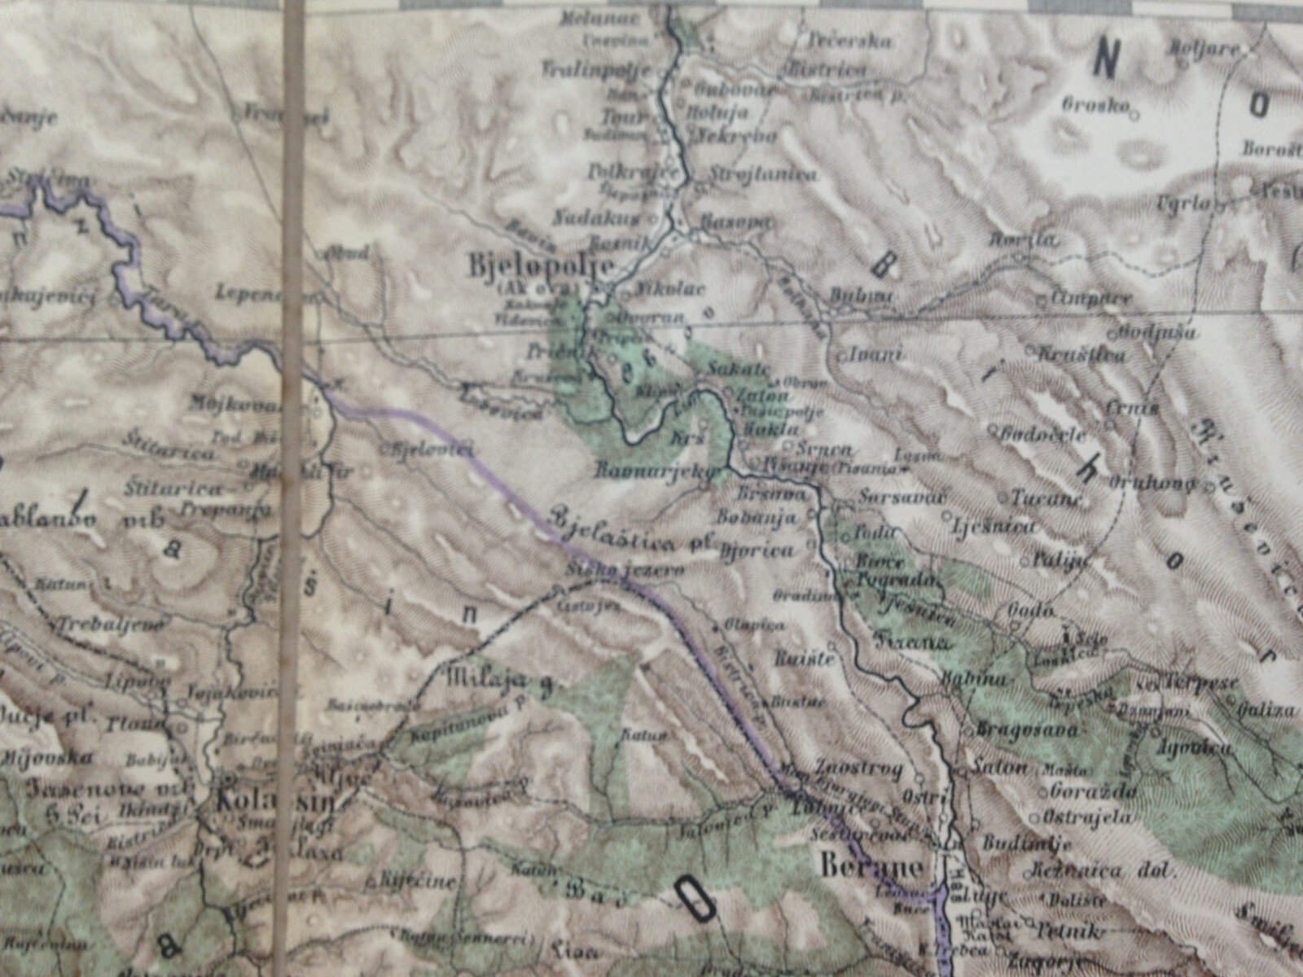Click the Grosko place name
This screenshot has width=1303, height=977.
(x=1095, y=104)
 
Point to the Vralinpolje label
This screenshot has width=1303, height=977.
(x=596, y=69)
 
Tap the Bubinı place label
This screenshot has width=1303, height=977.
(x=862, y=297)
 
